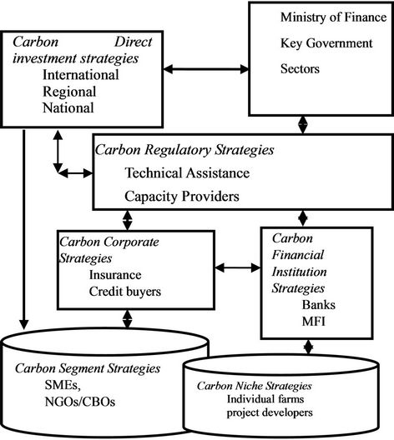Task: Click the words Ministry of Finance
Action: click(334, 17)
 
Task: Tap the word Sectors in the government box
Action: click(300, 68)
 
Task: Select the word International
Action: click(81, 75)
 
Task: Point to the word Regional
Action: click(69, 92)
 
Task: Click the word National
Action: click(68, 108)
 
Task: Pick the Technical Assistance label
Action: click(187, 172)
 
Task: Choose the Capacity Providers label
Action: click(182, 197)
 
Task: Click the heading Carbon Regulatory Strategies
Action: click(184, 150)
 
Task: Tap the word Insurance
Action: click(115, 275)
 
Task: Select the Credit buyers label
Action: click(125, 292)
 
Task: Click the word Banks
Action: click(319, 305)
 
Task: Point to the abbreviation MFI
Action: click(314, 322)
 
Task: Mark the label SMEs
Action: click(63, 385)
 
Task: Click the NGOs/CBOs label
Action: click(80, 402)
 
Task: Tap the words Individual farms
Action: click(265, 399)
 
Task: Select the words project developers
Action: click(270, 412)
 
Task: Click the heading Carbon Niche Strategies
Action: click(255, 386)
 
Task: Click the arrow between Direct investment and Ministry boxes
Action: click(206, 69)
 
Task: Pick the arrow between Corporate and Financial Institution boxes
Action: click(238, 267)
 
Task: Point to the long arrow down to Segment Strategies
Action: click(24, 229)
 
